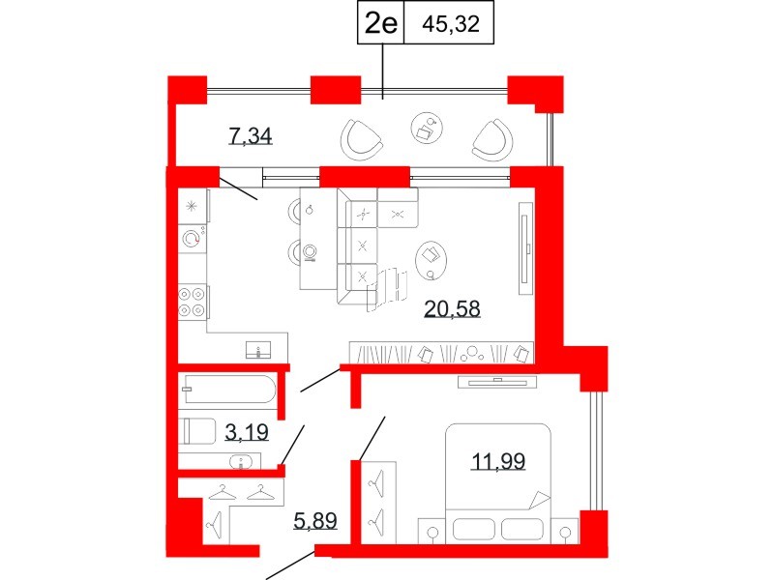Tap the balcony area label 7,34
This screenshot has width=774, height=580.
click(x=250, y=135)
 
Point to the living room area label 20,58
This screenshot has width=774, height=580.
click(x=453, y=308)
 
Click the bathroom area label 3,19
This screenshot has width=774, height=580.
click(x=247, y=431)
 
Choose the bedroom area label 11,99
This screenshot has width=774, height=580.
click(x=498, y=461)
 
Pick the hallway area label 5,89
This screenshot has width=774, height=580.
click(x=314, y=522)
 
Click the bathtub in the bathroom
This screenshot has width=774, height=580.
click(x=228, y=391)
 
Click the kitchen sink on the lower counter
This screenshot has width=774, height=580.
click(x=259, y=347)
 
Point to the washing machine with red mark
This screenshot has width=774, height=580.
click(x=192, y=239)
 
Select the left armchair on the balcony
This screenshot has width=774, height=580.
click(x=363, y=139)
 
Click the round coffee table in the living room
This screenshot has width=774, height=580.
click(x=430, y=256)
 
